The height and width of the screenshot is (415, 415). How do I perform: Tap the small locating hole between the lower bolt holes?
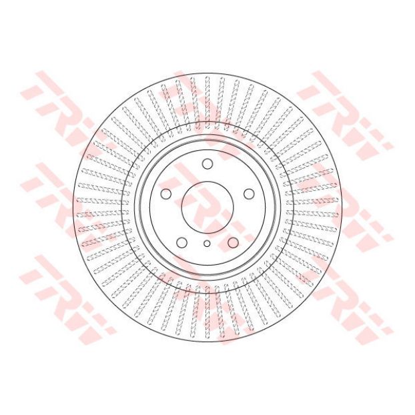207,244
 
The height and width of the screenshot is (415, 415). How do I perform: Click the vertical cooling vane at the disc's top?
207,103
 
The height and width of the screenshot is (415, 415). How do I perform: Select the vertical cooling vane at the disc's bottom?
207,312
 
